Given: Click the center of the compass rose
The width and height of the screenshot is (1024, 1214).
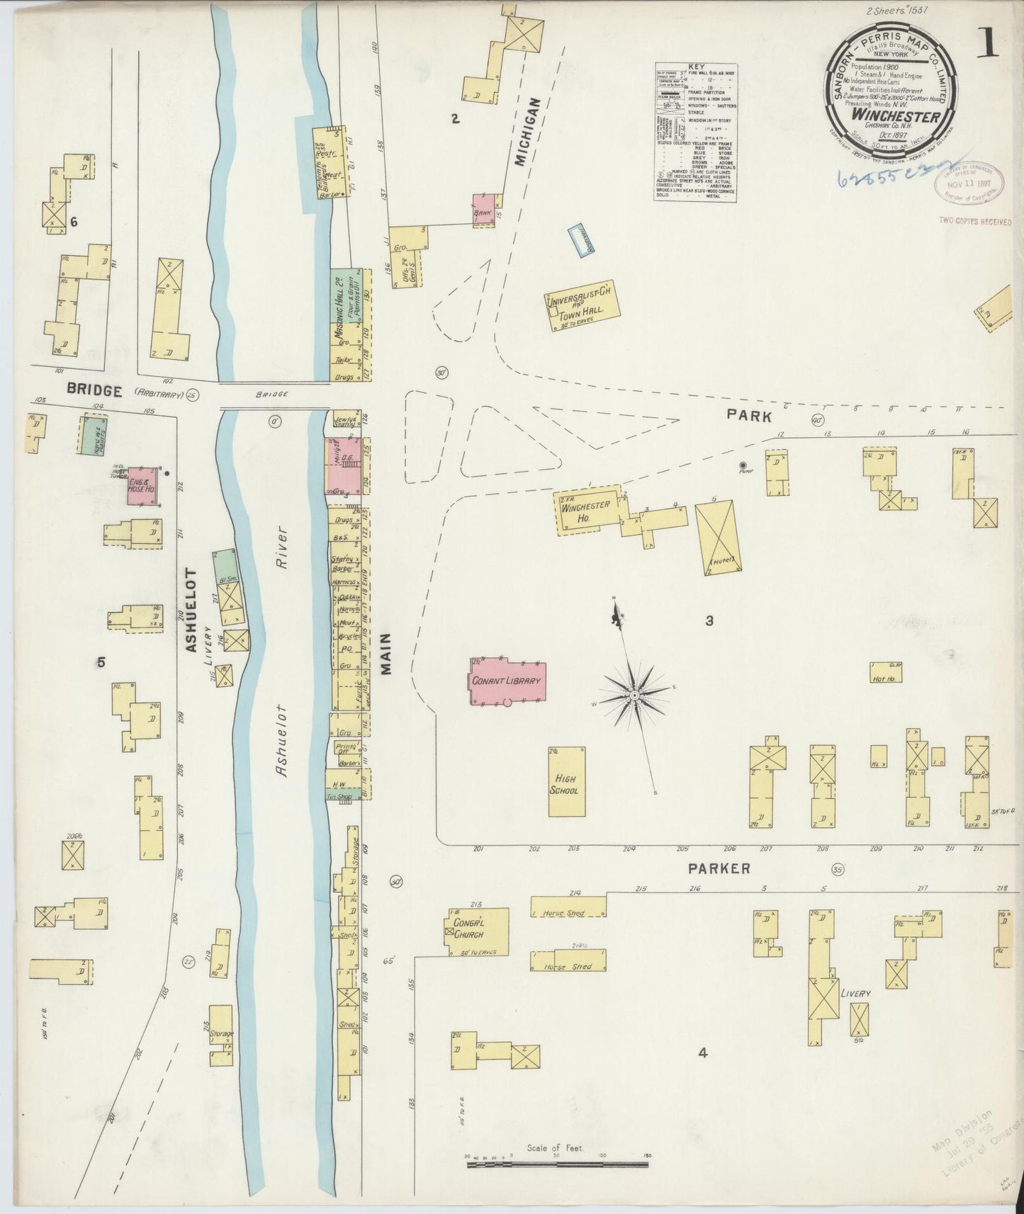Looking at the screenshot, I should (634, 697).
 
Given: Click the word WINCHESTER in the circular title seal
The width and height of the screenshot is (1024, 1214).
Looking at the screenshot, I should (896, 115).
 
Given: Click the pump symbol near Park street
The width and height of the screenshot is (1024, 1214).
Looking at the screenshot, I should (743, 465).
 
